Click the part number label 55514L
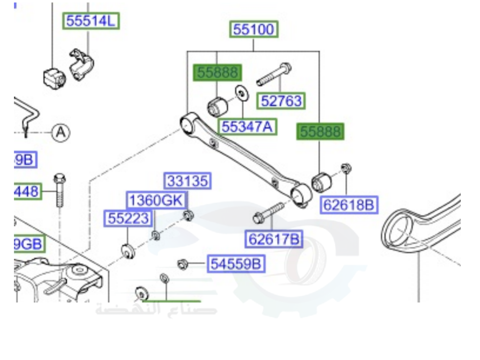91,21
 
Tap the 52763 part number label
282,101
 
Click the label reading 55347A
247,127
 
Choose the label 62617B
275,238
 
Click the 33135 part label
188,181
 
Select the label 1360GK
157,200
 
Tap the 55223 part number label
128,218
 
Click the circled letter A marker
61,132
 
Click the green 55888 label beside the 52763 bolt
217,73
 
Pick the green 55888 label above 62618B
320,132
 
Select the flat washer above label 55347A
242,94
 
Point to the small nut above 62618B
346,168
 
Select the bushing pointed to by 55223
128,251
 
